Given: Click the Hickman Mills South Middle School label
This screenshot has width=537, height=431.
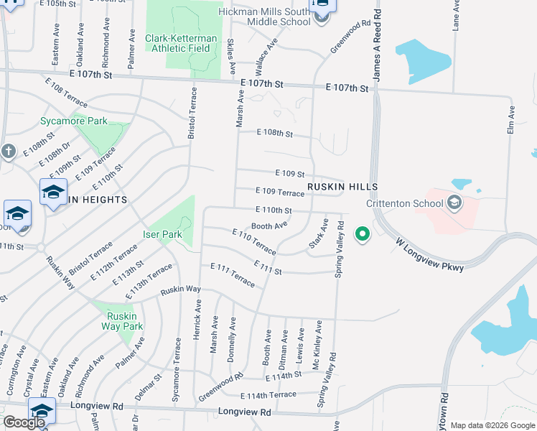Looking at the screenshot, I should (x=266, y=17).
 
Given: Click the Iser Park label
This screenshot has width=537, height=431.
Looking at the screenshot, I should (x=162, y=234).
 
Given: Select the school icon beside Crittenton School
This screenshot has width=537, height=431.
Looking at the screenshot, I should (x=454, y=203).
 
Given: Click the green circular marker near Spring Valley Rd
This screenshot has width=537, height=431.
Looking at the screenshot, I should (x=363, y=233).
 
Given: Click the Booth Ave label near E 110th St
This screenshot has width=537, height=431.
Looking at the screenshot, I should (x=269, y=226).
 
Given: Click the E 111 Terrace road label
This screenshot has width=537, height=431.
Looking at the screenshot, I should (x=233, y=274).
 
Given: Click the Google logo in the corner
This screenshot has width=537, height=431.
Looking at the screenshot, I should (x=24, y=422).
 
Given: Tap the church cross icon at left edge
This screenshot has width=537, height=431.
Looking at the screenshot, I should (x=8, y=152).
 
